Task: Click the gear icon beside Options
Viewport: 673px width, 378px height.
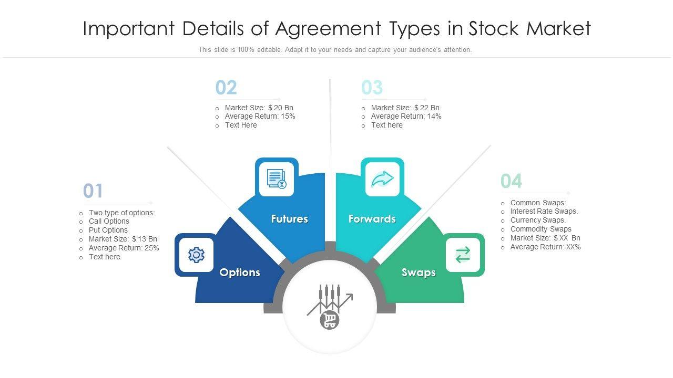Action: [196, 255]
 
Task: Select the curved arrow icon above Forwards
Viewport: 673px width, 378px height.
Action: [382, 179]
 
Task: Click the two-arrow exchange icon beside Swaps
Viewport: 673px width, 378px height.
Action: [463, 255]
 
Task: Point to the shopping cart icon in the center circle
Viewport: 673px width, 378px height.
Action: [330, 319]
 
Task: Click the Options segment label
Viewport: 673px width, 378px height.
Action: [240, 272]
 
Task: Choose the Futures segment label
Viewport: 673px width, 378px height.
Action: [290, 219]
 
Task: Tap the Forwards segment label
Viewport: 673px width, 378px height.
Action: [372, 219]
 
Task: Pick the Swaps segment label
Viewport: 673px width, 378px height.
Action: [419, 272]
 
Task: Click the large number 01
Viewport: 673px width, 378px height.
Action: [93, 191]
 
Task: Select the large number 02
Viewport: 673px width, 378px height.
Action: [226, 88]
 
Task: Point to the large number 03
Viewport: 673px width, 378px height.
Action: [372, 88]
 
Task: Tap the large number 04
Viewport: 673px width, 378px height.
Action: [511, 181]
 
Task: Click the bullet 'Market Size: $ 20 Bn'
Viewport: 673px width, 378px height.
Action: [259, 108]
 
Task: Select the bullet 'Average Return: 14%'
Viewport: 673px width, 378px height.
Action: [406, 117]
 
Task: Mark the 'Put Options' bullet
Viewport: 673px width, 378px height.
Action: [108, 230]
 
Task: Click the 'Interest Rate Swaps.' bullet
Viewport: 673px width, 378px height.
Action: [544, 212]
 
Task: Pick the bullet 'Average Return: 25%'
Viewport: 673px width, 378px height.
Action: [124, 248]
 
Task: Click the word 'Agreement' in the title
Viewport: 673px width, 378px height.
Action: [328, 29]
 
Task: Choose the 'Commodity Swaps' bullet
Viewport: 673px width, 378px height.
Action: [541, 229]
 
